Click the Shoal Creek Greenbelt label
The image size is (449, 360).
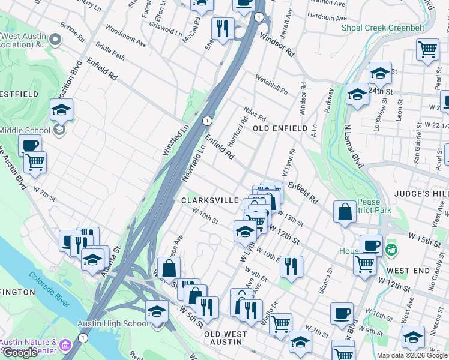(x=382, y=28)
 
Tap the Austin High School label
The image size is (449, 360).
(x=112, y=324)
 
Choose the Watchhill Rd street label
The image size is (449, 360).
(x=271, y=85)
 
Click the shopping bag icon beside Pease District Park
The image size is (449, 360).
(x=345, y=212)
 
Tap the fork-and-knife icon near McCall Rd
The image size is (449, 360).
(x=223, y=28)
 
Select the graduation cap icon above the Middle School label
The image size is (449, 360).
(x=61, y=109)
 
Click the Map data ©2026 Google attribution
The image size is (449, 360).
(x=412, y=355)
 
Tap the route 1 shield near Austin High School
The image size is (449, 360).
(x=83, y=338)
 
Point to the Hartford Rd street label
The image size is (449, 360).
(x=238, y=133)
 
